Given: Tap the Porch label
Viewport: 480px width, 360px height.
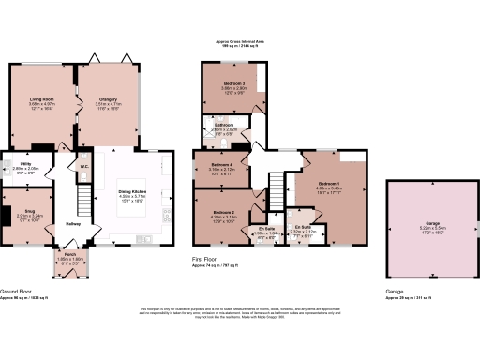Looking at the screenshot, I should (69, 254).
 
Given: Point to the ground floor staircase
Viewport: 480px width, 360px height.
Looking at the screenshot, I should (82, 198).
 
